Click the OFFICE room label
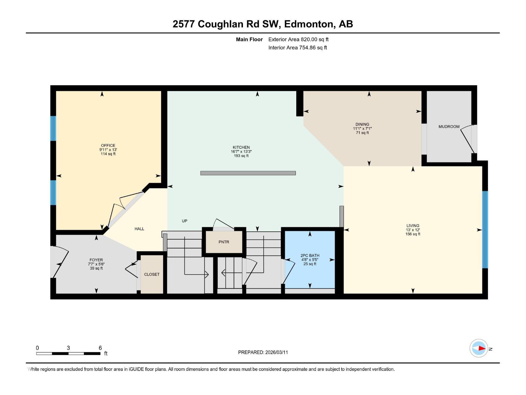(x=108, y=145)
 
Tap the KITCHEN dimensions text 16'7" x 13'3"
(x=241, y=152)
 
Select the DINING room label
(x=362, y=124)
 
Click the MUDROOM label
(x=449, y=127)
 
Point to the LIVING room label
(x=413, y=226)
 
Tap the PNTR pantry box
(x=224, y=242)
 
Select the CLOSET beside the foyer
(x=152, y=274)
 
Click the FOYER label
(x=96, y=260)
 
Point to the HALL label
(x=139, y=229)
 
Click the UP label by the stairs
(x=184, y=221)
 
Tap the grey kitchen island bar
(x=248, y=173)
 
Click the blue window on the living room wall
(x=485, y=229)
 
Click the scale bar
(x=68, y=354)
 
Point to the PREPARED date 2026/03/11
(x=263, y=352)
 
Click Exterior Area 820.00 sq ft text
(x=298, y=39)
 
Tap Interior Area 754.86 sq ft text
(x=298, y=48)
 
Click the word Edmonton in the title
(x=308, y=24)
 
